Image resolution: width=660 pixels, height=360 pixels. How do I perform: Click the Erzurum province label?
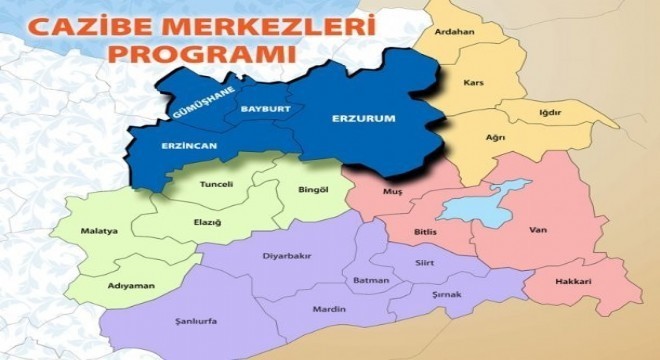(363, 118)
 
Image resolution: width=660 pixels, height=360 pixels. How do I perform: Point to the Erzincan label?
(189, 146)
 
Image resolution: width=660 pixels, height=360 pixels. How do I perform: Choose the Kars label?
(473, 83)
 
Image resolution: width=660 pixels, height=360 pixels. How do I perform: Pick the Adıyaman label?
(130, 286)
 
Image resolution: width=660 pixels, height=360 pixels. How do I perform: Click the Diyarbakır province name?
(286, 256)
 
